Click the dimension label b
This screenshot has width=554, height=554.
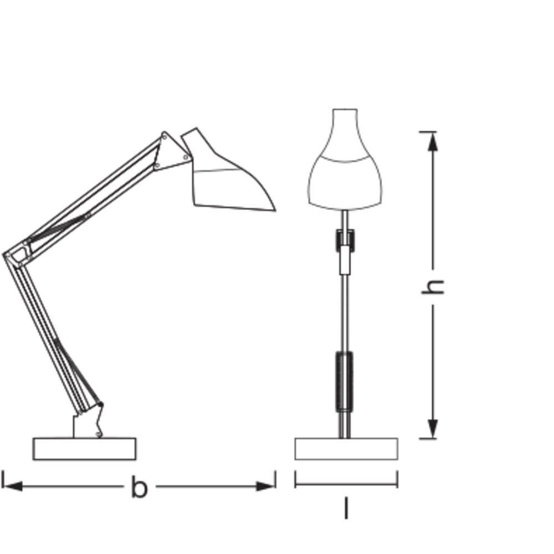[139, 487]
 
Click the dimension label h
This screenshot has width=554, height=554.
[433, 286]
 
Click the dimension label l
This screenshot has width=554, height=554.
[346, 508]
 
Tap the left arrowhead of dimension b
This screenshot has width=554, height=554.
[13, 486]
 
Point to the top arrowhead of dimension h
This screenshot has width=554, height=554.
[433, 142]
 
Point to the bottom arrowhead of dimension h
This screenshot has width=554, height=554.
[433, 429]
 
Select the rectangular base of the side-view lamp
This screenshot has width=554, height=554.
[84, 449]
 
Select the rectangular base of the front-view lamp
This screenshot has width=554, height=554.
[346, 449]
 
